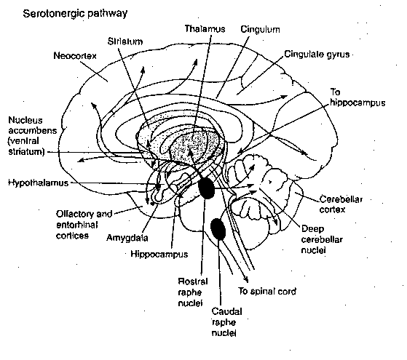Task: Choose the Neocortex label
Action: (76, 55)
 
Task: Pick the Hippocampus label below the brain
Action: (159, 255)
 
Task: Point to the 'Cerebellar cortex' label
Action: (340, 204)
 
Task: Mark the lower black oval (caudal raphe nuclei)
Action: (218, 230)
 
